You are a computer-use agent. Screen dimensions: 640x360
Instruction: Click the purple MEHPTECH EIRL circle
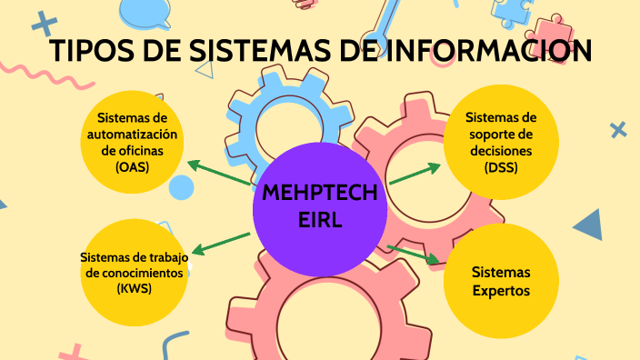click(320, 207)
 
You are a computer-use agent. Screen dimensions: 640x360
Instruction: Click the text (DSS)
click(500, 167)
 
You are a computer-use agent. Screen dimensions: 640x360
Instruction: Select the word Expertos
click(501, 290)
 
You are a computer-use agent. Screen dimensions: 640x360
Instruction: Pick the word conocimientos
click(135, 272)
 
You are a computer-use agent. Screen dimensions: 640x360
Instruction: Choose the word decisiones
click(501, 151)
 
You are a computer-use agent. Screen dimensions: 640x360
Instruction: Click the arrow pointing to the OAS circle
click(218, 172)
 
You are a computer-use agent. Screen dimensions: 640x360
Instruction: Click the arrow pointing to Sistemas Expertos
click(414, 254)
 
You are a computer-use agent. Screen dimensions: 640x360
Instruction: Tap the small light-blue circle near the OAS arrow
click(182, 188)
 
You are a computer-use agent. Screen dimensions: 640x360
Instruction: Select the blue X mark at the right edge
click(618, 130)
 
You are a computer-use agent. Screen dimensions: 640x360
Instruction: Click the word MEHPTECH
click(320, 194)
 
